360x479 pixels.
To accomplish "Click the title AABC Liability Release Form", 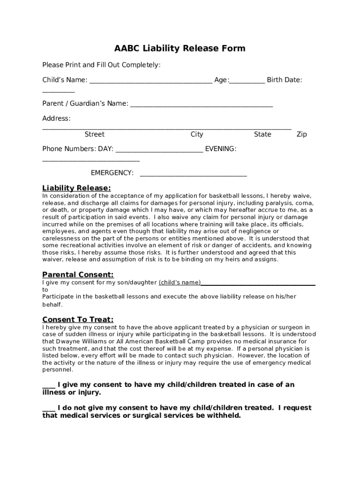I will pos(180,49).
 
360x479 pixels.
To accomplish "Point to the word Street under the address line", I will pos(94,134).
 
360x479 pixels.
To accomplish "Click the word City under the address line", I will pos(197,134).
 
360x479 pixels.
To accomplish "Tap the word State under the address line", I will pos(262,134).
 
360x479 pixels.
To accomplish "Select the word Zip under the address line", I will pos(302,134).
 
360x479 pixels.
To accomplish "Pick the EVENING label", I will pos(221,149).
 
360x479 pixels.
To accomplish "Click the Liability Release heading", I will pos(76,188).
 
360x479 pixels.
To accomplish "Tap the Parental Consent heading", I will pos(78,275).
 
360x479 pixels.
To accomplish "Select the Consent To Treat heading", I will pos(78,319).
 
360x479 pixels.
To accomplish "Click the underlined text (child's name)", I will pos(180,282).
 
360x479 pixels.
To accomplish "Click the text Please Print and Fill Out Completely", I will pos(101,65).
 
